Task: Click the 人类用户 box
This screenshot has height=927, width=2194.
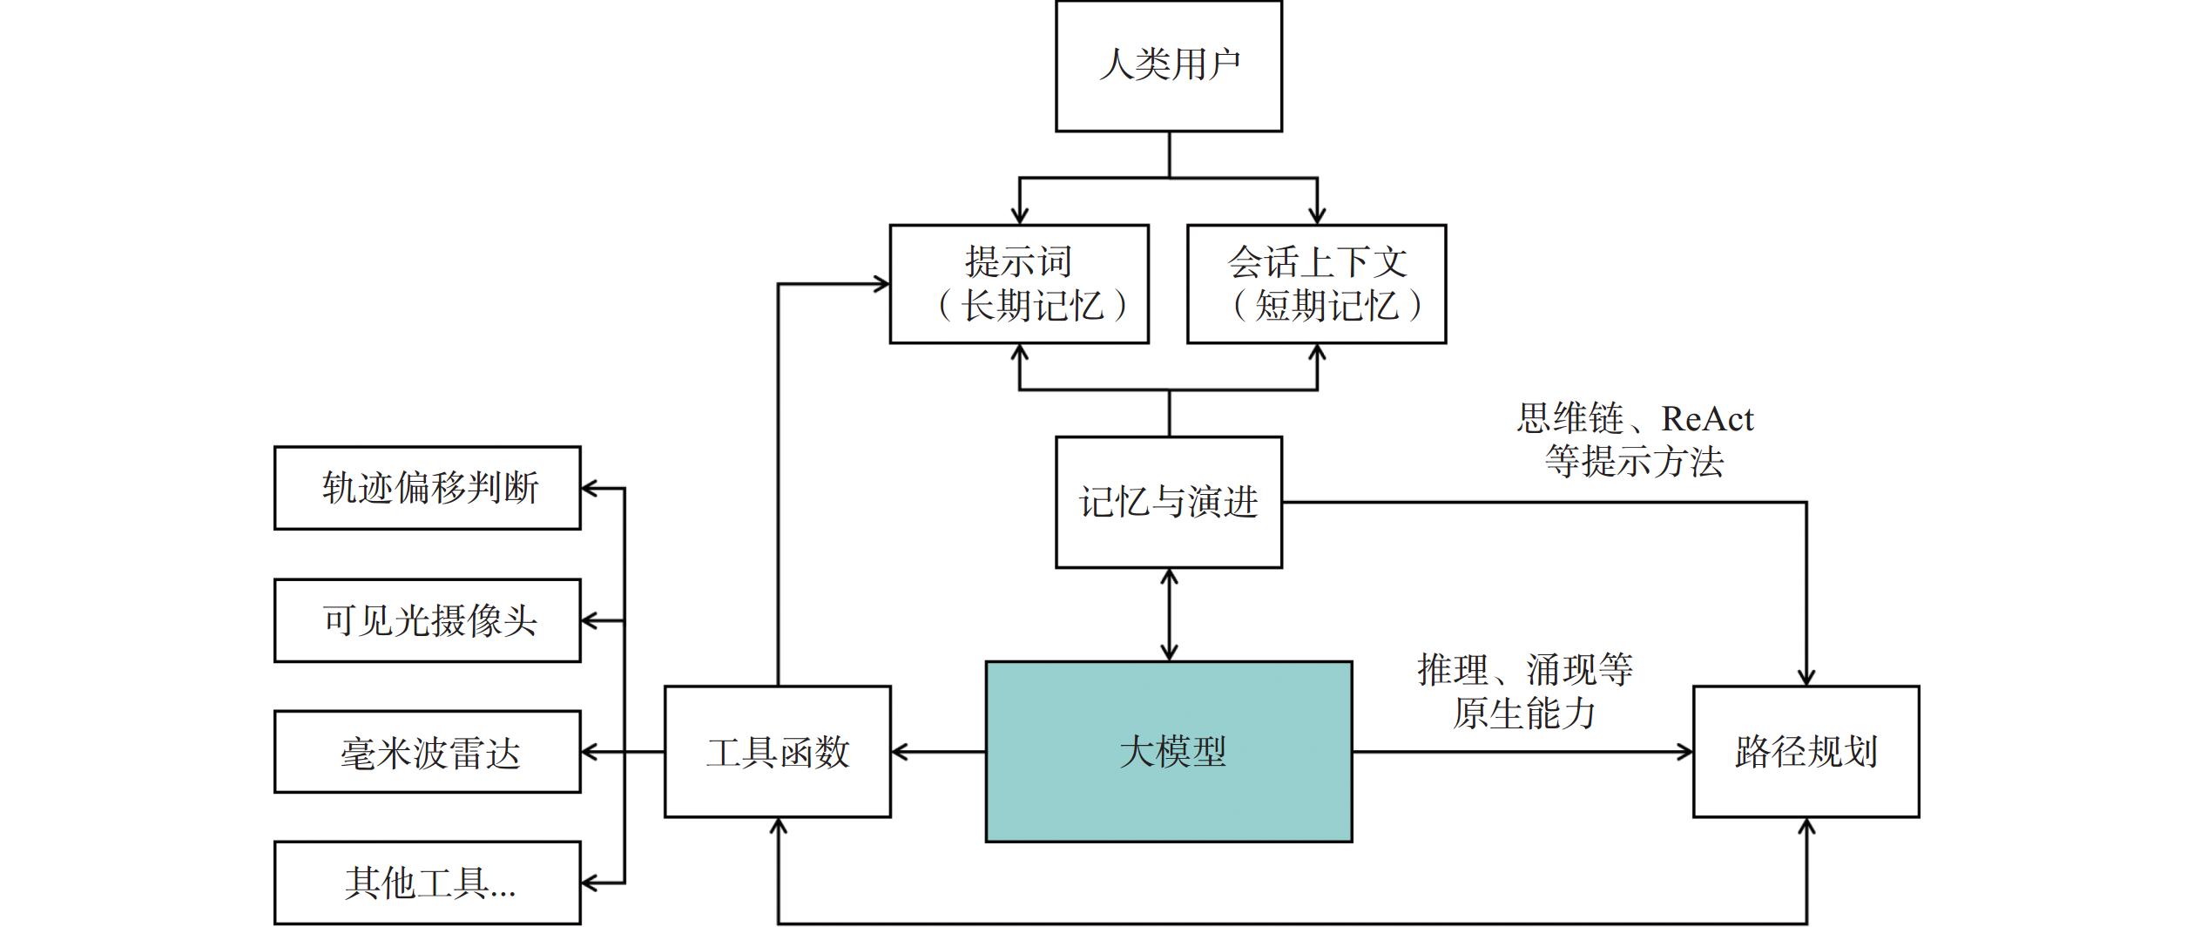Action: (1168, 66)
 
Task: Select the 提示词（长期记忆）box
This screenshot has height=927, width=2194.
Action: (1018, 284)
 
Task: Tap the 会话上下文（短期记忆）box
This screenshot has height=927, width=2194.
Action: (1316, 284)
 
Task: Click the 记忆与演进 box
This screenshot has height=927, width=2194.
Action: (1168, 502)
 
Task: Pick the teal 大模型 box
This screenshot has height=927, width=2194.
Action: (1168, 751)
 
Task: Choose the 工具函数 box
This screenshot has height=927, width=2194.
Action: (777, 751)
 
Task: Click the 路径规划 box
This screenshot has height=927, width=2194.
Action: (1806, 751)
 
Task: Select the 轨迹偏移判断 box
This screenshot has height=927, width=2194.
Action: (427, 488)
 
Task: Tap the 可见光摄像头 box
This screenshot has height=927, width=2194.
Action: (427, 620)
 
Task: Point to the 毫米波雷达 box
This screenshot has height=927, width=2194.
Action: (427, 752)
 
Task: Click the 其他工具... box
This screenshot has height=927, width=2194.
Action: (427, 883)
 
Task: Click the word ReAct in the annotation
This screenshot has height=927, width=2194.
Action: (1706, 419)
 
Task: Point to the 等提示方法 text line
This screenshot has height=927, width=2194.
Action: (1633, 462)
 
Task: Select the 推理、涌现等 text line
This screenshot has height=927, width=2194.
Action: (1524, 670)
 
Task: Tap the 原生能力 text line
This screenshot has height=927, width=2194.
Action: (1524, 714)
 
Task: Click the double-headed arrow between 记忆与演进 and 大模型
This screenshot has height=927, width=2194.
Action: (1169, 614)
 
